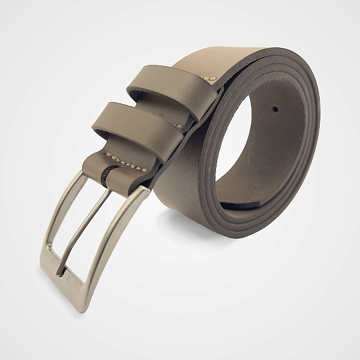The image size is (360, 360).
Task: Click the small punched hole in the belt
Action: coord(275,110)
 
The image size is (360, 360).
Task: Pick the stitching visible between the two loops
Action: coord(181,126)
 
